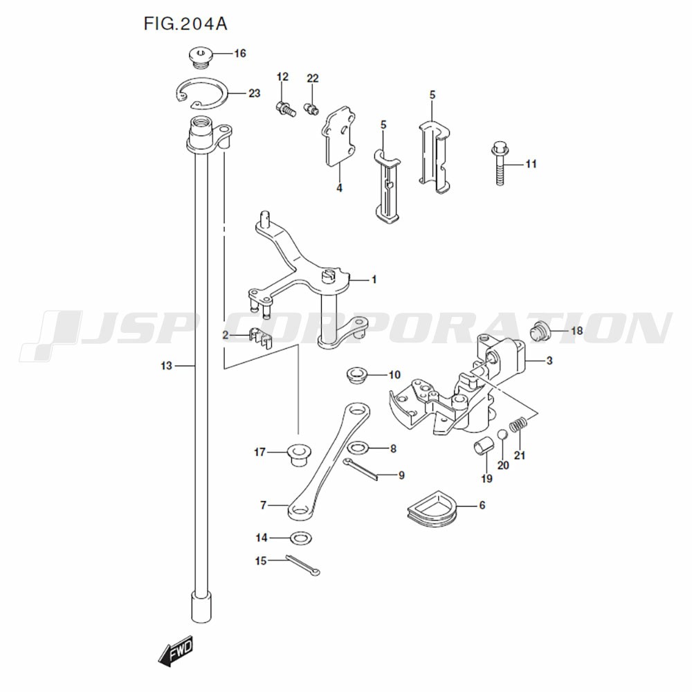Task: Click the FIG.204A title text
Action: [x=185, y=24]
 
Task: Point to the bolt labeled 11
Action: [x=500, y=163]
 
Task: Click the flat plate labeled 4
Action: [x=340, y=136]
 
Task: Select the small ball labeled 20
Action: [x=503, y=437]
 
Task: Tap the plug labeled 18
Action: [x=539, y=331]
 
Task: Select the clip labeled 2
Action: [x=259, y=337]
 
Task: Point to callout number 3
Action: [x=549, y=361]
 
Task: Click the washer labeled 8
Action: [x=358, y=448]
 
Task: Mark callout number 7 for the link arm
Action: [x=263, y=505]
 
